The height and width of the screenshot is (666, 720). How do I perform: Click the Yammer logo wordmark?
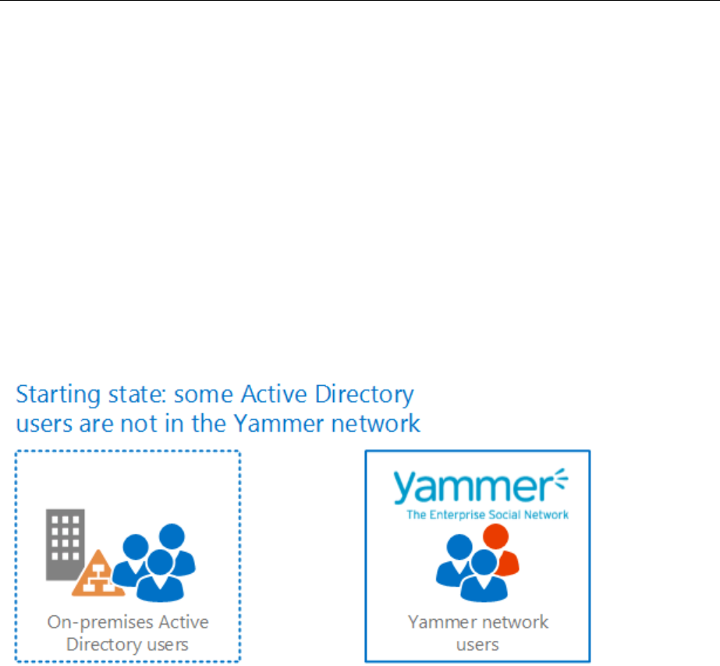[x=471, y=487]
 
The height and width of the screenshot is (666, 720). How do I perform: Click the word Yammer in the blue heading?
[x=272, y=423]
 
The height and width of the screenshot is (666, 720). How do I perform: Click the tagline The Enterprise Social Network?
[x=488, y=515]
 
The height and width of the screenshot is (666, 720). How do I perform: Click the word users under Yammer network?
[x=477, y=645]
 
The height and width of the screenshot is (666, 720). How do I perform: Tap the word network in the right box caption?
[x=512, y=622]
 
